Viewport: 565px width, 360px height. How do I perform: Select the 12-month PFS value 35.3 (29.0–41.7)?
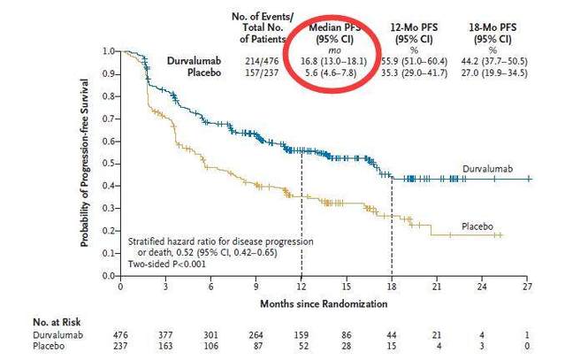(414, 73)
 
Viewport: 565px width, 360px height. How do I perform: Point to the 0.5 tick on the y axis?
(110, 164)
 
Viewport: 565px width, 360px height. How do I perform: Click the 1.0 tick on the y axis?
(110, 51)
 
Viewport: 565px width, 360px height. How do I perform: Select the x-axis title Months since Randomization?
(324, 303)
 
